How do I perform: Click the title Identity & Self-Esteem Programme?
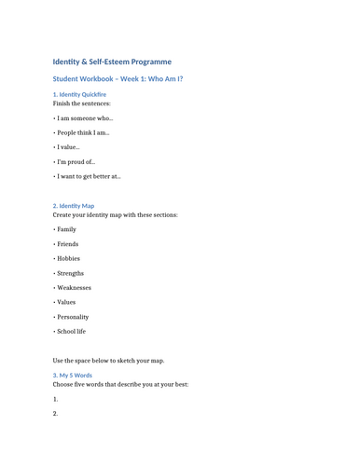[112, 61]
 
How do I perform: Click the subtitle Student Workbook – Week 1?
[118, 79]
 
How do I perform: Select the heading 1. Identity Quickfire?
[79, 94]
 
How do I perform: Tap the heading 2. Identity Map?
[74, 205]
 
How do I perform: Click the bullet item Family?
[66, 229]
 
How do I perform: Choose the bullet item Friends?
[67, 244]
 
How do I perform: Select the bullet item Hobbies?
[68, 258]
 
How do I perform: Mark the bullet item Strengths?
[70, 273]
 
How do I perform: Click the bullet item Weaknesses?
[74, 288]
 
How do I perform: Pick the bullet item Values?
[66, 302]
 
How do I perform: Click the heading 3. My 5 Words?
[73, 375]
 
